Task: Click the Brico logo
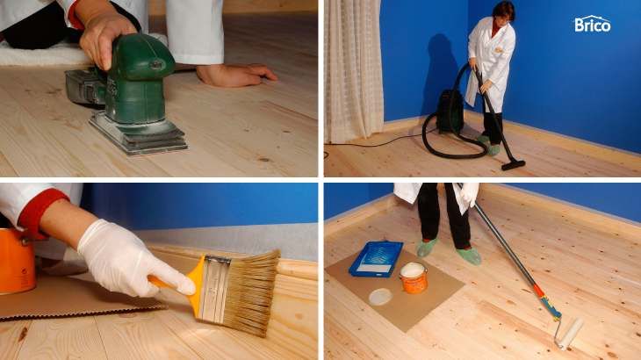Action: (593, 24)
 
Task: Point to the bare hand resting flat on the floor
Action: (236, 76)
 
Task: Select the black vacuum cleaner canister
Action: (450, 112)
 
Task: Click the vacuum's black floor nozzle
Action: (513, 165)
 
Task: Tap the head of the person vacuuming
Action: (503, 12)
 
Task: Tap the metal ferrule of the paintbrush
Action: (213, 288)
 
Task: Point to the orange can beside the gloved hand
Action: (17, 262)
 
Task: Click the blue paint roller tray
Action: (376, 259)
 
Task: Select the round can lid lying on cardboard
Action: (380, 297)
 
